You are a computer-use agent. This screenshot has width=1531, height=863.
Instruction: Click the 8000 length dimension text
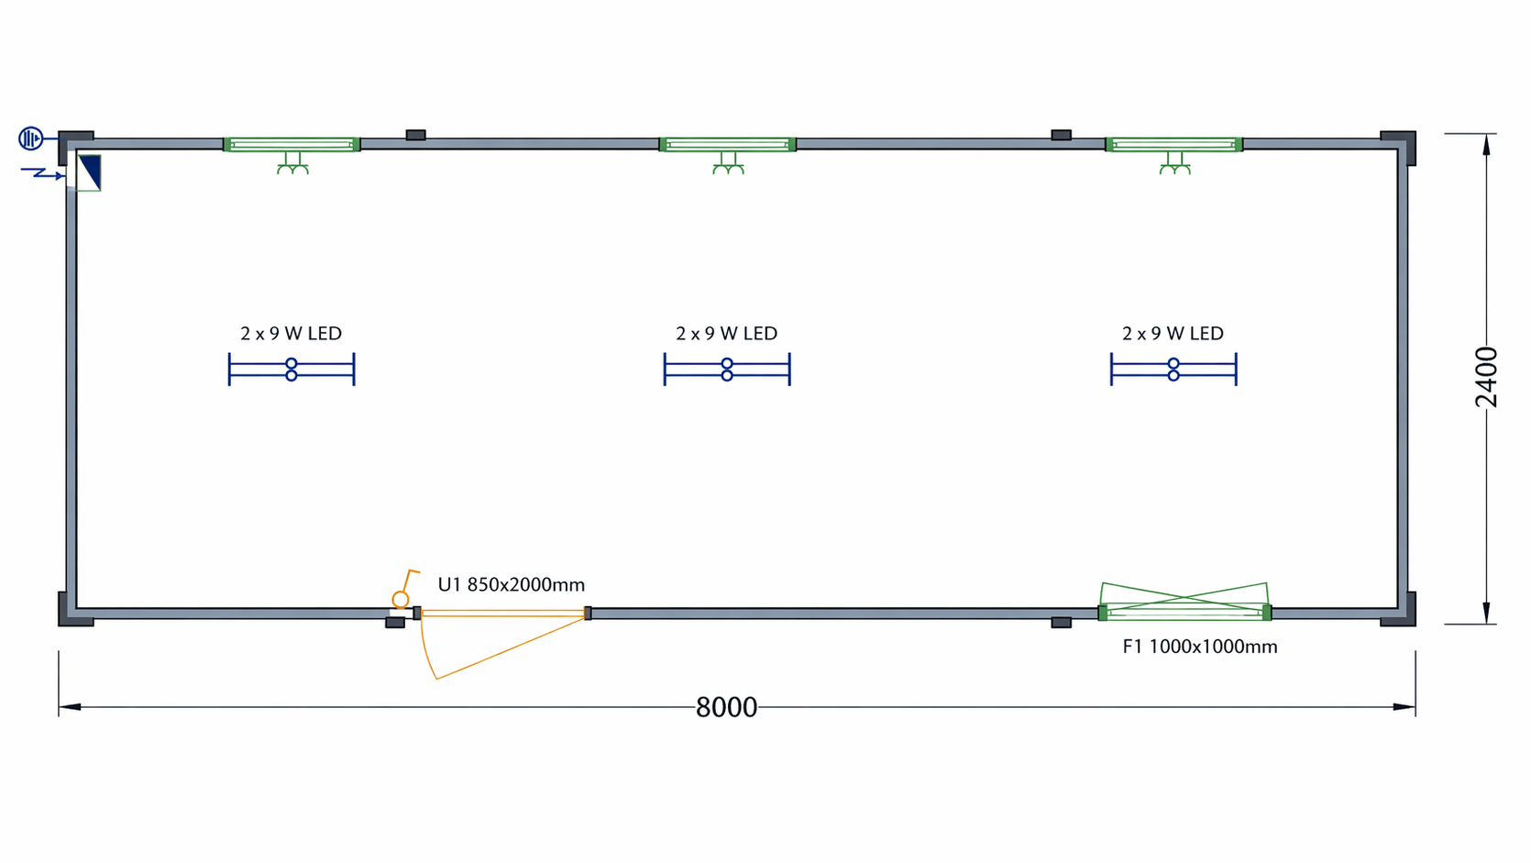coord(726,707)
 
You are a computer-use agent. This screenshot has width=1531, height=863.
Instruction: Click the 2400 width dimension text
coord(1486,378)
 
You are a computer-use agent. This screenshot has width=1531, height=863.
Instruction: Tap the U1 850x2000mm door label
coord(512,585)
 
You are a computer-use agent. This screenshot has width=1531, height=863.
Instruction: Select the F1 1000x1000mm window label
coord(1199,647)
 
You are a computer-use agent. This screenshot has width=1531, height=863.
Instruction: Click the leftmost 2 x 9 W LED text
coord(291,333)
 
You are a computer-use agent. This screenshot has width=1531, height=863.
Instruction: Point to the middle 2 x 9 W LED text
coord(727,333)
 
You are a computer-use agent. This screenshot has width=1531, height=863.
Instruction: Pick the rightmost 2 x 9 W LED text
coord(1173,333)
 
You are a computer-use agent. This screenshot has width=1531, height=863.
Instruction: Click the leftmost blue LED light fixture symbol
coord(292,370)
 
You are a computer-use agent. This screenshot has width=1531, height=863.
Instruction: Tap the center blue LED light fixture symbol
coord(727,370)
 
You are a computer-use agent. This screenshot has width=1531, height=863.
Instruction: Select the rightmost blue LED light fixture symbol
coord(1173,370)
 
